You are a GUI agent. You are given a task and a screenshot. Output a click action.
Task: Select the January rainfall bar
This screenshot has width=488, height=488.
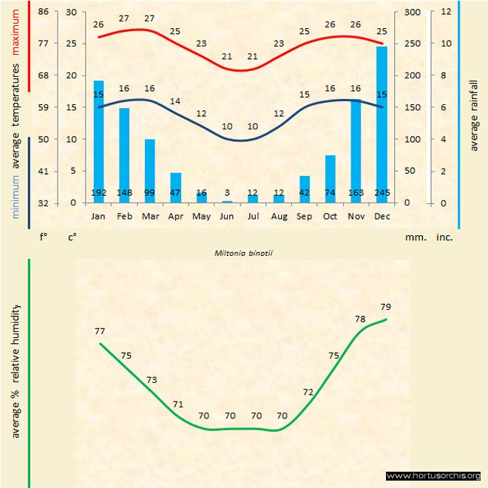98,140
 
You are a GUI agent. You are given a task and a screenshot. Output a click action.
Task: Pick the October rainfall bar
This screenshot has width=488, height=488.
331,178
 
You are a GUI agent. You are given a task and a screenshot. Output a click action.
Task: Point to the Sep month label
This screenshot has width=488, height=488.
305,217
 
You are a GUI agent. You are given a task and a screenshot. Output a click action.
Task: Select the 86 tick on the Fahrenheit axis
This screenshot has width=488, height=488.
44,12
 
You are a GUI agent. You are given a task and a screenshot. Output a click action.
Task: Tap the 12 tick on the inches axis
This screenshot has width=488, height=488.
445,12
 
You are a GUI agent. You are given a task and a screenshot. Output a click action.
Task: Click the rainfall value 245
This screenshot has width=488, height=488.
382,193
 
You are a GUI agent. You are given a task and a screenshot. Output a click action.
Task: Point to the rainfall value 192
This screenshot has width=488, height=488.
98,193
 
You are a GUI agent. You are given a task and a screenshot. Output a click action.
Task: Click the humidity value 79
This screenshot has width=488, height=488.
385,307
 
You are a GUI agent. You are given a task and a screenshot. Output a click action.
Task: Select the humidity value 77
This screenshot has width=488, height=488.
100,332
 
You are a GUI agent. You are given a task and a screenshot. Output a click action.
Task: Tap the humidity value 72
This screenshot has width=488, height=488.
308,392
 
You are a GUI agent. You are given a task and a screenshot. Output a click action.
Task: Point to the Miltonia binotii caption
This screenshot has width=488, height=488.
244,252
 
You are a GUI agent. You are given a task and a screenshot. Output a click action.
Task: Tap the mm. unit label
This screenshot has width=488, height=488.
413,238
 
